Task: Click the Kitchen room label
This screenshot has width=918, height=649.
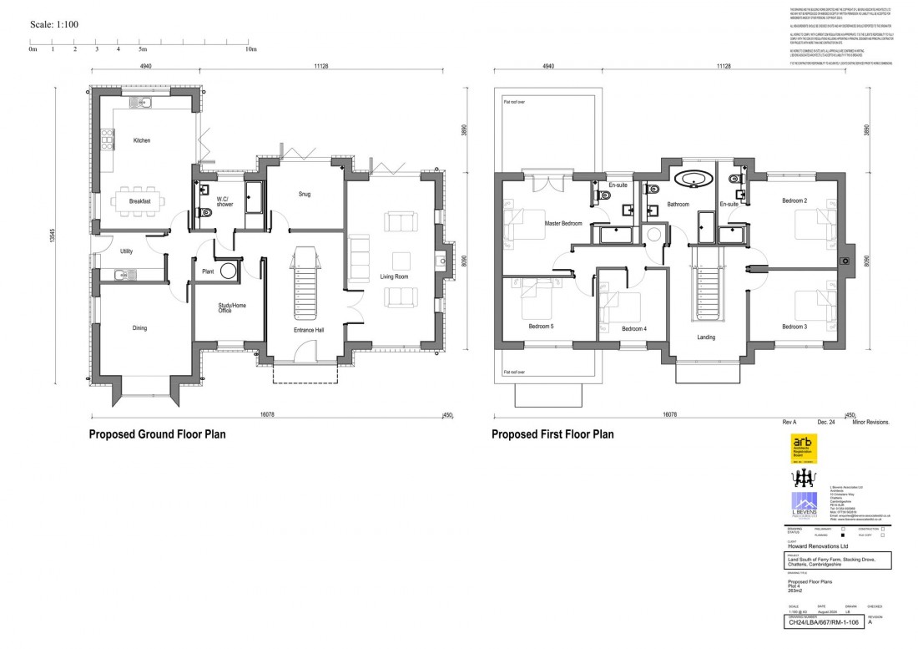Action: [142, 140]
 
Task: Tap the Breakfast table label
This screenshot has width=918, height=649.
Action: [139, 201]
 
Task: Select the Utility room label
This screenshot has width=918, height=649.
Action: [127, 251]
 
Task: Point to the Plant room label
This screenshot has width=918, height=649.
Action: [209, 271]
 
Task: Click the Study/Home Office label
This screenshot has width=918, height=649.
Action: [227, 308]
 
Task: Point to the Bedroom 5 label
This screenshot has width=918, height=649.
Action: [541, 326]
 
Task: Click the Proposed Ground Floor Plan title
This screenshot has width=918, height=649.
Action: [157, 434]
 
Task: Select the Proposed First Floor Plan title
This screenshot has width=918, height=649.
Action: [552, 434]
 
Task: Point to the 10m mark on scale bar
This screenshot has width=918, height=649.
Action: [250, 50]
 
